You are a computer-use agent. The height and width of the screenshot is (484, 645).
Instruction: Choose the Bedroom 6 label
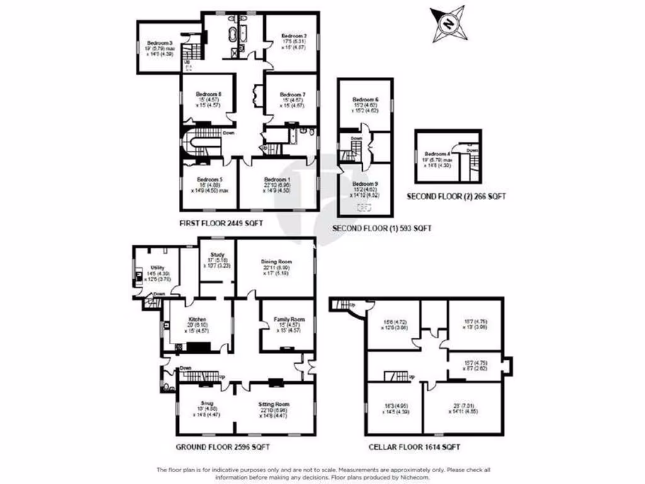click(x=365, y=100)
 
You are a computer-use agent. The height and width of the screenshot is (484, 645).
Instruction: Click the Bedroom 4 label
click(x=437, y=154)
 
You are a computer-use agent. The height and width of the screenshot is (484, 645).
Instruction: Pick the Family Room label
click(x=289, y=320)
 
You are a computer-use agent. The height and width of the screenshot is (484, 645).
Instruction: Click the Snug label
click(x=208, y=402)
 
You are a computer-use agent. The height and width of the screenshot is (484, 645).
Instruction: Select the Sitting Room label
click(x=273, y=402)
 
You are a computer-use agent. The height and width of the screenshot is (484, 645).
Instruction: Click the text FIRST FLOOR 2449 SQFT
click(x=220, y=223)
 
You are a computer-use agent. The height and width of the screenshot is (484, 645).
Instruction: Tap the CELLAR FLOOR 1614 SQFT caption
click(x=414, y=447)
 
